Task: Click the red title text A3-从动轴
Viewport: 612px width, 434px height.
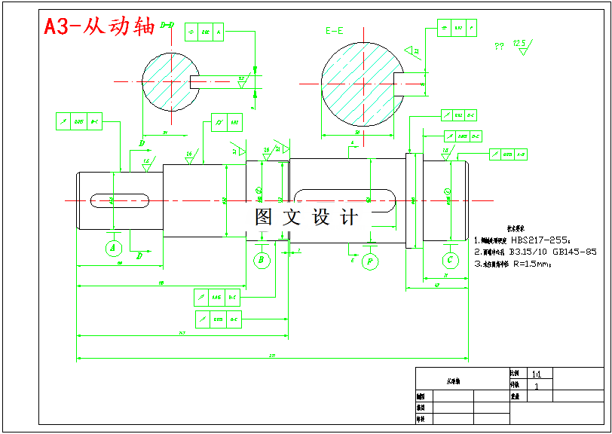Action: pos(99,27)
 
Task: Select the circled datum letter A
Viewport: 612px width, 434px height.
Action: pos(113,247)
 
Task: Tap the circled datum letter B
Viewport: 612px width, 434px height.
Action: pos(262,260)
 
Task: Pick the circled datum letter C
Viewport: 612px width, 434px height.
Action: pos(450,260)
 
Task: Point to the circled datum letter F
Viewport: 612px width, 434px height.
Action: pos(370,261)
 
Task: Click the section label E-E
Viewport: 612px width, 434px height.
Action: pos(335,31)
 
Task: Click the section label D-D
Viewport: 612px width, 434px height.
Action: pos(168,25)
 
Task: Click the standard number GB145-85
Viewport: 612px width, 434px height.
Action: pos(575,252)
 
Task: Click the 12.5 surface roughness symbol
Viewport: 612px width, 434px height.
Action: pos(520,44)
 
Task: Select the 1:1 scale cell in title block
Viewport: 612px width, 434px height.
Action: pos(537,373)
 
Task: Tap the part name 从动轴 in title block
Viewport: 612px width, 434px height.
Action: pos(453,381)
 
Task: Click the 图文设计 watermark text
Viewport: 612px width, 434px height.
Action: pos(307,218)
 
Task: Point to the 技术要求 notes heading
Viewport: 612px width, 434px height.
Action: pos(516,228)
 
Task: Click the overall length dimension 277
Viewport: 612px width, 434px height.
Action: pos(271,355)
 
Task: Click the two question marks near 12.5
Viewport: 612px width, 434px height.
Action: pos(499,47)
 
